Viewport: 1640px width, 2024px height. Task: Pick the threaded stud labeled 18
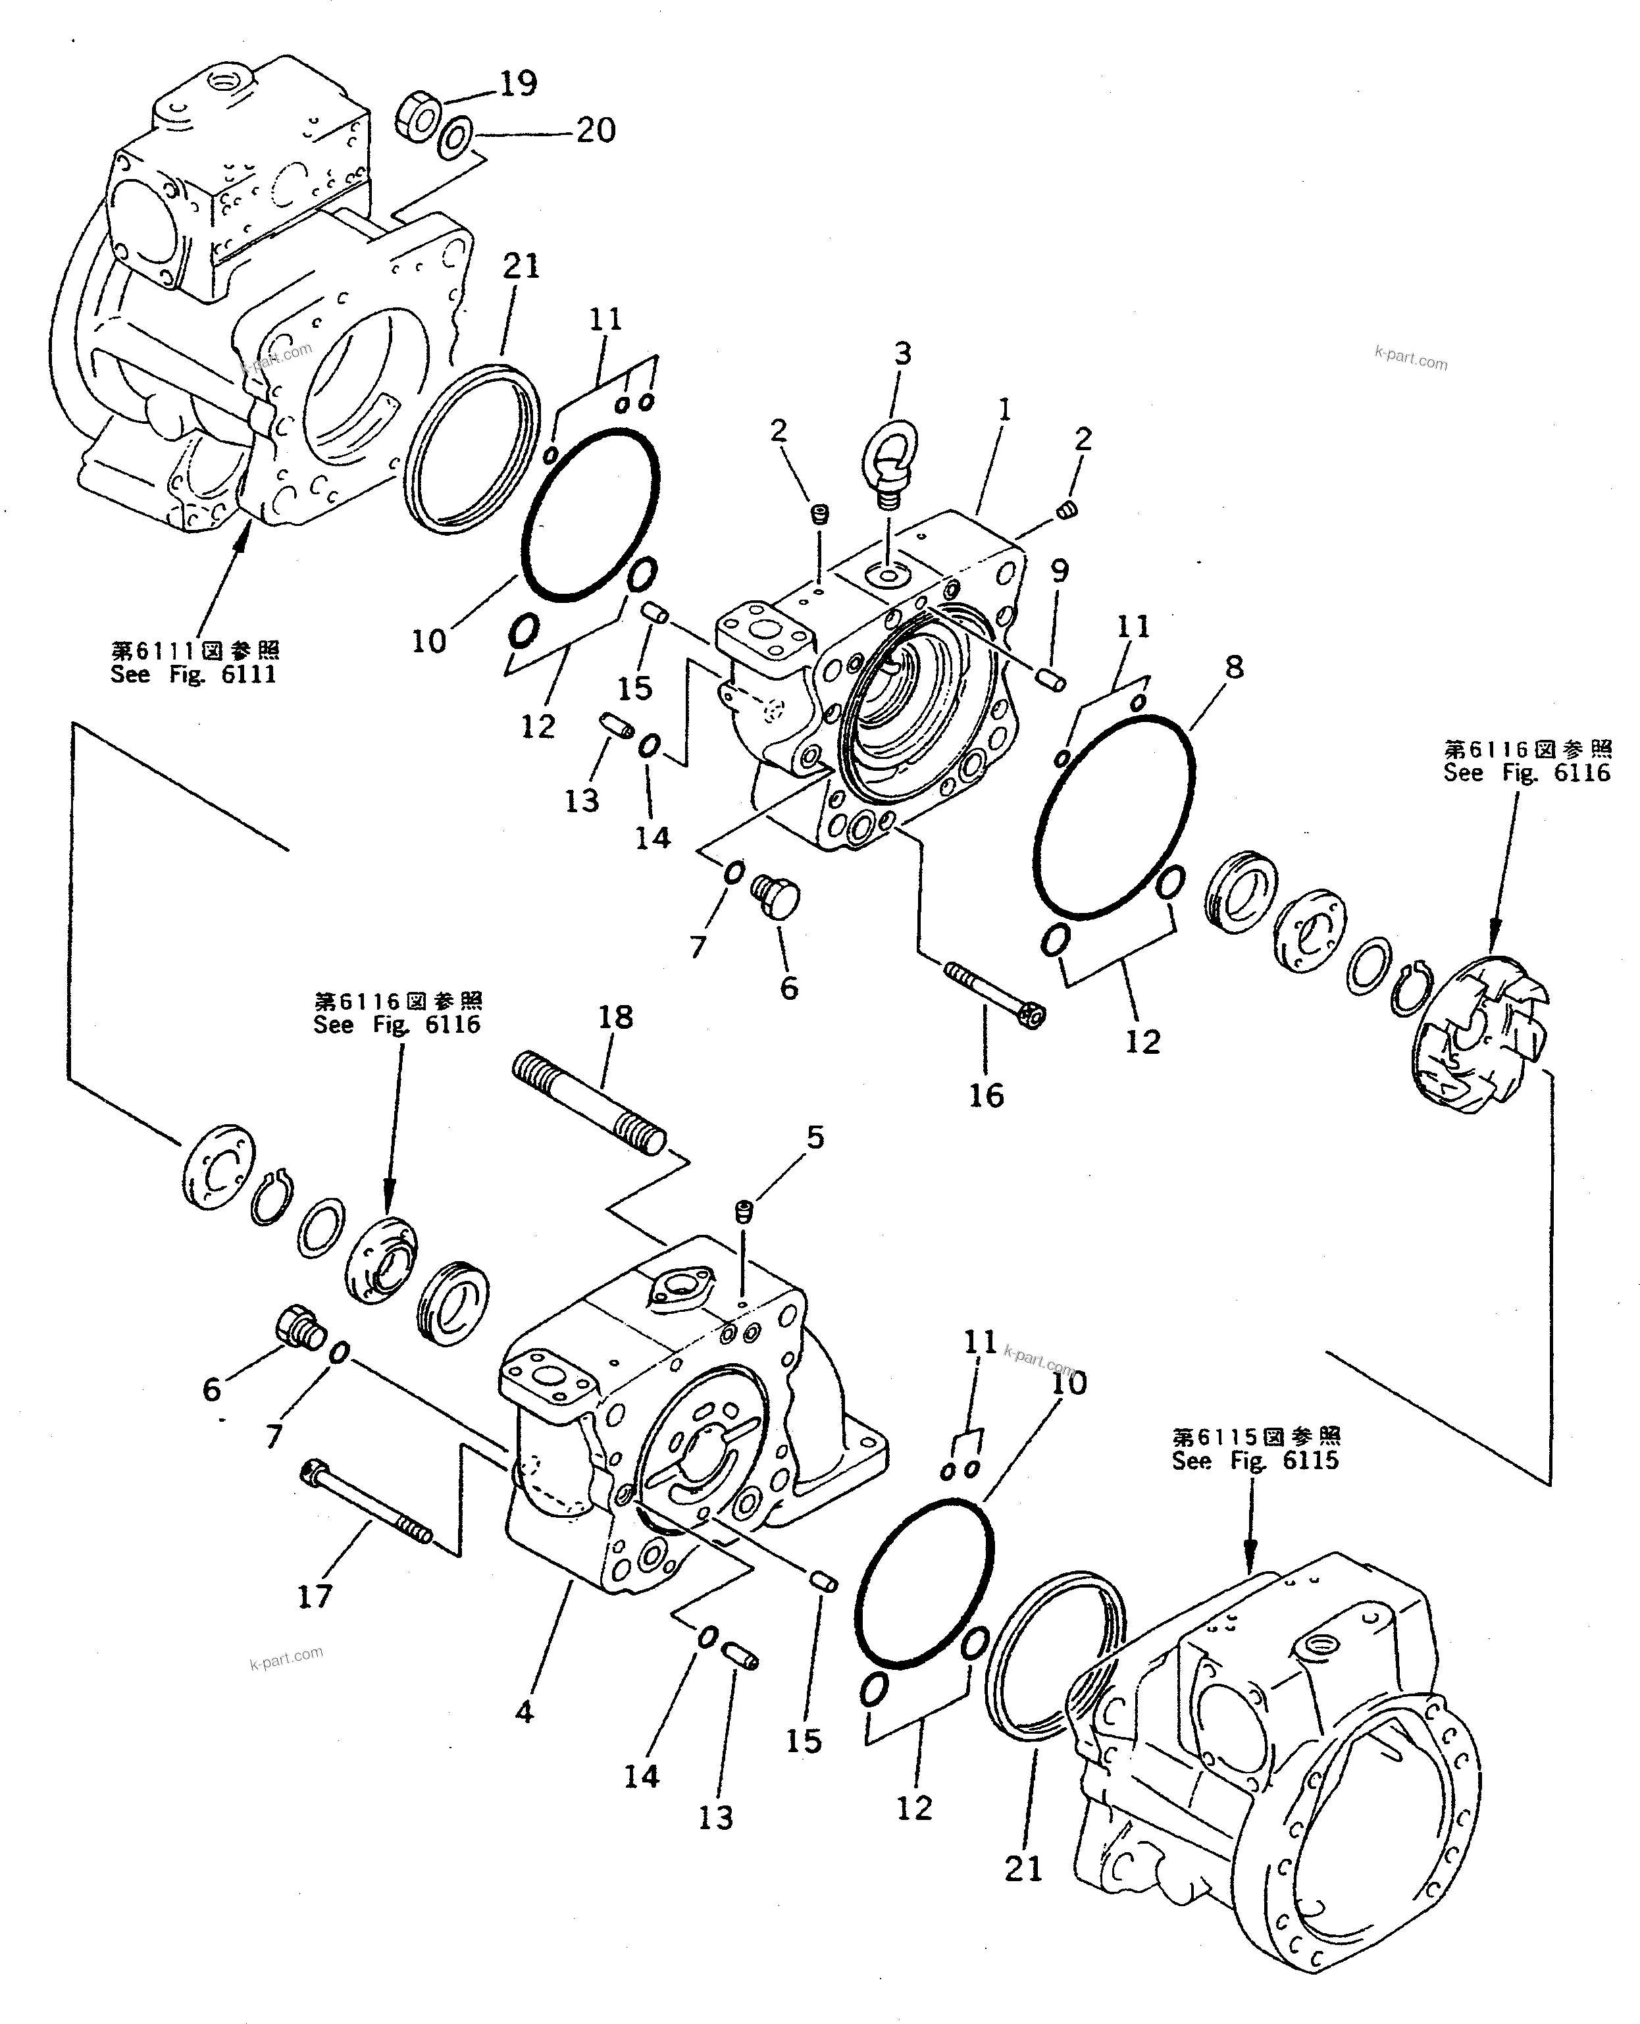coord(590,1104)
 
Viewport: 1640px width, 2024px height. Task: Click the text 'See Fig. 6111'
coord(193,674)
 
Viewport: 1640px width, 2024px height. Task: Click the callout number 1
coord(1005,410)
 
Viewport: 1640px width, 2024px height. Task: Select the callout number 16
coord(985,1095)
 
